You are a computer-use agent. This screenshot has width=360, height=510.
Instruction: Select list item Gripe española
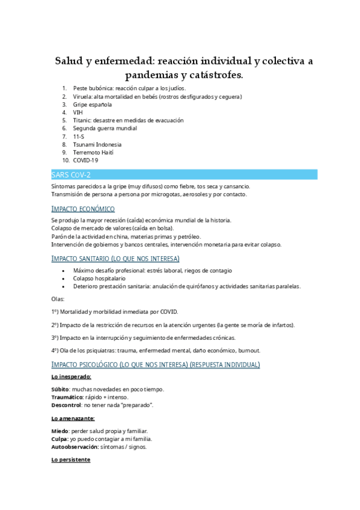tap(93, 105)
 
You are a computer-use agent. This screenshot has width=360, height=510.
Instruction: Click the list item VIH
tap(78, 112)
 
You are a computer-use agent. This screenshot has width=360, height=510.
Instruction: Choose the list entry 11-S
tap(79, 137)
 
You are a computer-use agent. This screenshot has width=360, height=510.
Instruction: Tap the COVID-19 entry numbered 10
tap(86, 161)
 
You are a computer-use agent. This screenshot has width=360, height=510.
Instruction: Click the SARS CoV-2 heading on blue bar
tap(71, 174)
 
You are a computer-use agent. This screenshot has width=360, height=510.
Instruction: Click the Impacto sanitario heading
tap(115, 259)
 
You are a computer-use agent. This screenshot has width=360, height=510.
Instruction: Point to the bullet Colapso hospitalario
tap(99, 278)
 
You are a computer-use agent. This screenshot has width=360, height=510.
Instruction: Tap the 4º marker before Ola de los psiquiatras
tap(55, 351)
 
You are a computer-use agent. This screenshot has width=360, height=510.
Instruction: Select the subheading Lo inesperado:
tap(72, 376)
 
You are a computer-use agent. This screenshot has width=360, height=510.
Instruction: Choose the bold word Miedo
tap(60, 431)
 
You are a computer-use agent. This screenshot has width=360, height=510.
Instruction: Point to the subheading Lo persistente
tap(71, 460)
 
